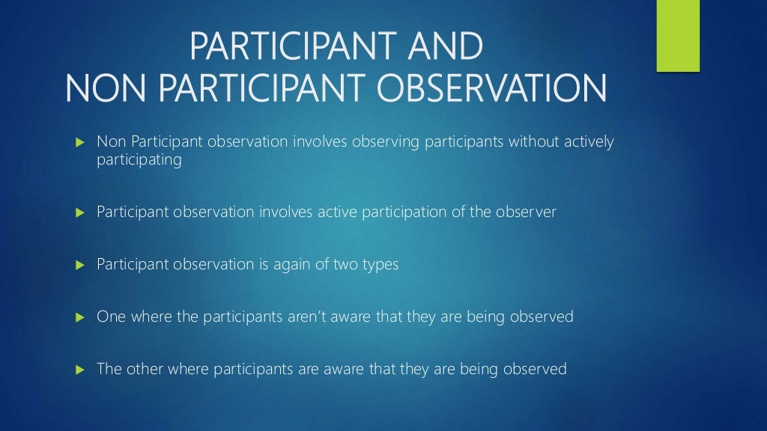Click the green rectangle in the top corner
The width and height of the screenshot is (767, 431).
click(678, 35)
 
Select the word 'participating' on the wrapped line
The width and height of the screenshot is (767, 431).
click(139, 160)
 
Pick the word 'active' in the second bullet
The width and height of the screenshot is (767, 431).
click(336, 212)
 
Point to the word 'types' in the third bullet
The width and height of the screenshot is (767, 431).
click(381, 265)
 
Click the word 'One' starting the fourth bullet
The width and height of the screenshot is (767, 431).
click(111, 317)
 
